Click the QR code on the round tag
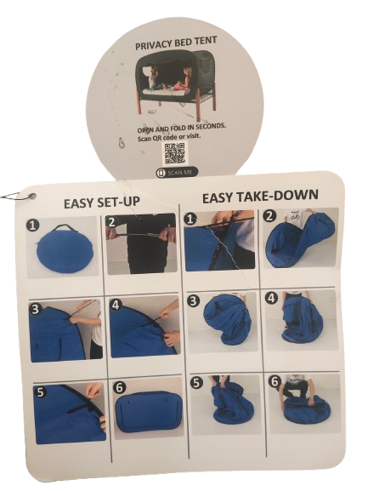(x=174, y=153)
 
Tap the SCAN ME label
(x=177, y=173)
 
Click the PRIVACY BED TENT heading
(x=176, y=43)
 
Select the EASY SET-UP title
(x=101, y=203)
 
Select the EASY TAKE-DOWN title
(x=260, y=197)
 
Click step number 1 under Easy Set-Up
(x=33, y=226)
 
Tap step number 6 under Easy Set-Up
(x=119, y=388)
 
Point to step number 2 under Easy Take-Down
(x=269, y=215)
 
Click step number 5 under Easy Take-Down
(x=196, y=383)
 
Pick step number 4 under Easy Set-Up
(x=116, y=305)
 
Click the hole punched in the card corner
(x=32, y=197)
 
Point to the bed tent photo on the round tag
(x=177, y=85)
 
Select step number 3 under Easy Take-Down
(x=193, y=301)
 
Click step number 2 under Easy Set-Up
(x=112, y=222)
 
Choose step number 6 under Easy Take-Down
(x=275, y=381)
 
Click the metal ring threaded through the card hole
(x=15, y=196)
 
